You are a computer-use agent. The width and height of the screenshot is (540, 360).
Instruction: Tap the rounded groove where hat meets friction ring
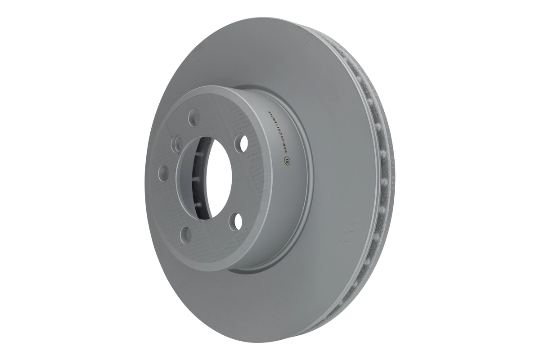pos(310,180)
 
